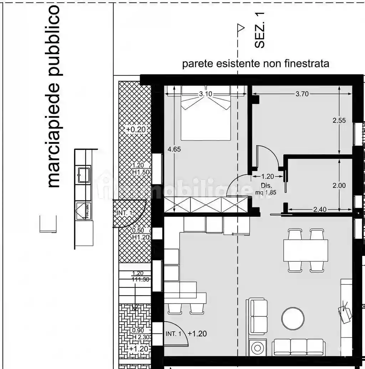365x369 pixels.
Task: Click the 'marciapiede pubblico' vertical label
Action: pyautogui.click(x=55, y=96)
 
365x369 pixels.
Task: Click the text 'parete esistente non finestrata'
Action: pyautogui.click(x=256, y=64)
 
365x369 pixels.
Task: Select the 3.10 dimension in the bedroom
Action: pyautogui.click(x=205, y=94)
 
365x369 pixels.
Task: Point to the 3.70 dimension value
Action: pyautogui.click(x=302, y=94)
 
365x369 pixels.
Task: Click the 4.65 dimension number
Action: pyautogui.click(x=174, y=149)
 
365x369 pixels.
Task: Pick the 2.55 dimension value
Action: pyautogui.click(x=339, y=120)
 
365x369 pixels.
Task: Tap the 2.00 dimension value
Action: pyautogui.click(x=339, y=185)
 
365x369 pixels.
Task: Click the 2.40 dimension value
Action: pyautogui.click(x=319, y=210)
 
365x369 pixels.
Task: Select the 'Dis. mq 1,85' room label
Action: pyautogui.click(x=266, y=189)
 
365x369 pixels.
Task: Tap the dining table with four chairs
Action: pyautogui.click(x=305, y=250)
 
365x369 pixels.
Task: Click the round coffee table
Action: pyautogui.click(x=293, y=318)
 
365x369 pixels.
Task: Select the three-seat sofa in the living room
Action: pyautogui.click(x=298, y=347)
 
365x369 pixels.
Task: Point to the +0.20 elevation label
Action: pyautogui.click(x=136, y=130)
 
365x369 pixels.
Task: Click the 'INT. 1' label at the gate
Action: pyautogui.click(x=124, y=213)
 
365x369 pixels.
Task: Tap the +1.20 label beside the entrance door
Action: pyautogui.click(x=197, y=334)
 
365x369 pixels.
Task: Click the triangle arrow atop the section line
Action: pyautogui.click(x=241, y=28)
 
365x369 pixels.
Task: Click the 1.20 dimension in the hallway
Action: pyautogui.click(x=267, y=176)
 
